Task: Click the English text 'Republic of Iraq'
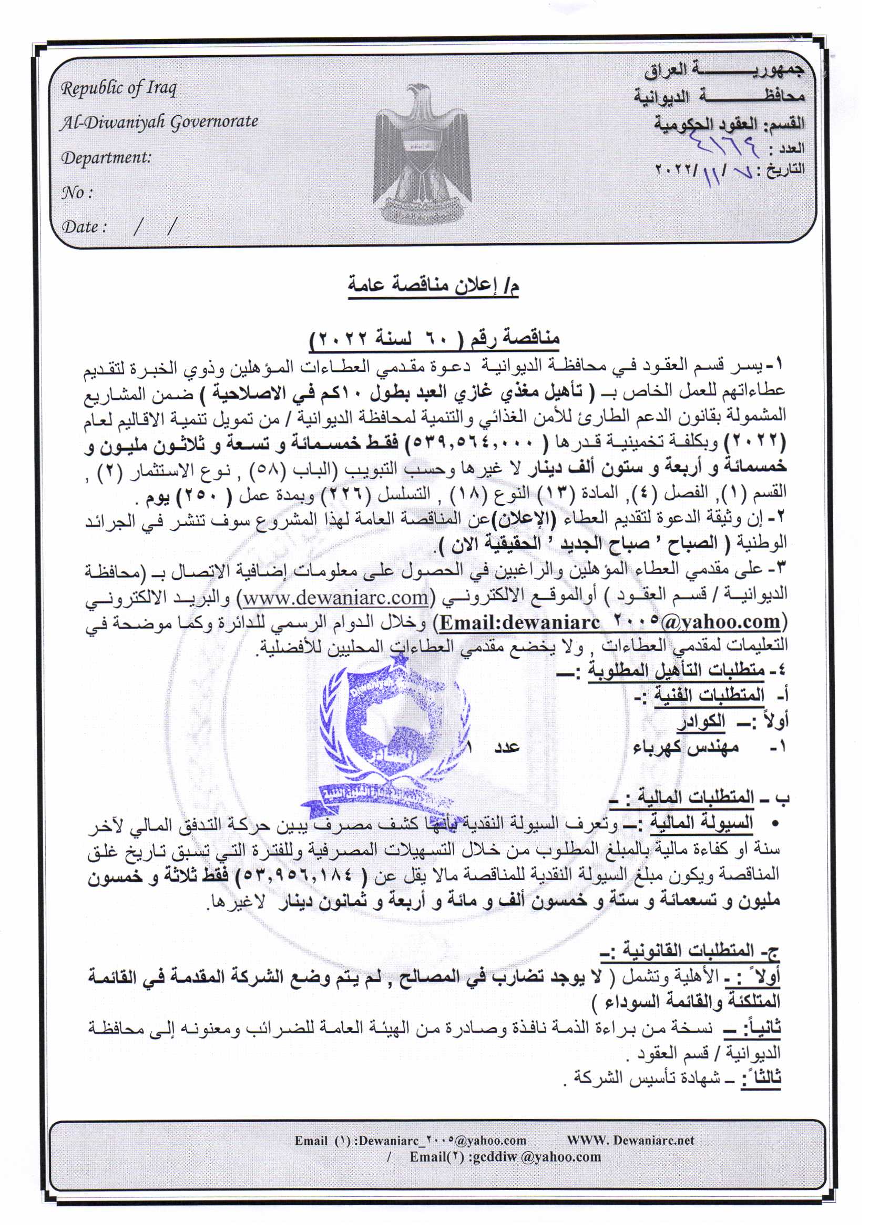pyautogui.click(x=118, y=88)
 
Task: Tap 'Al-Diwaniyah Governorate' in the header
pyautogui.click(x=158, y=123)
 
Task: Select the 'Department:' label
pyautogui.click(x=106, y=157)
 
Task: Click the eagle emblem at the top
pyautogui.click(x=422, y=155)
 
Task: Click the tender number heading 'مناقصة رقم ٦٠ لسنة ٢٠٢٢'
pyautogui.click(x=434, y=339)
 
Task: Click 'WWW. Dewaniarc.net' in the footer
pyautogui.click(x=630, y=1140)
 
